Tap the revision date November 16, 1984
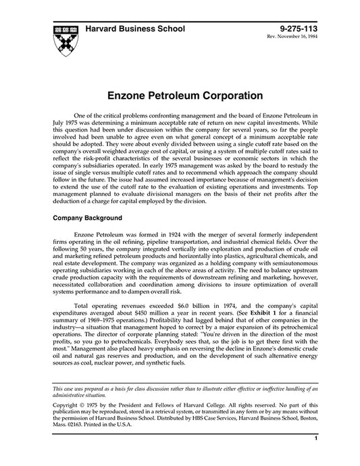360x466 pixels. pyautogui.click(x=297, y=38)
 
